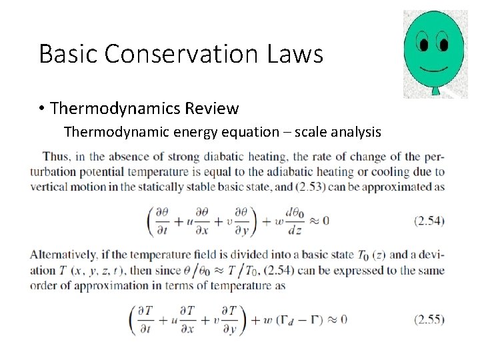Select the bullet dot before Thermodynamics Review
pyautogui.click(x=42, y=108)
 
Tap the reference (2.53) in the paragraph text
pyautogui.click(x=327, y=187)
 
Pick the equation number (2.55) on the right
pyautogui.click(x=429, y=319)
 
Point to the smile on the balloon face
pyautogui.click(x=434, y=69)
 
